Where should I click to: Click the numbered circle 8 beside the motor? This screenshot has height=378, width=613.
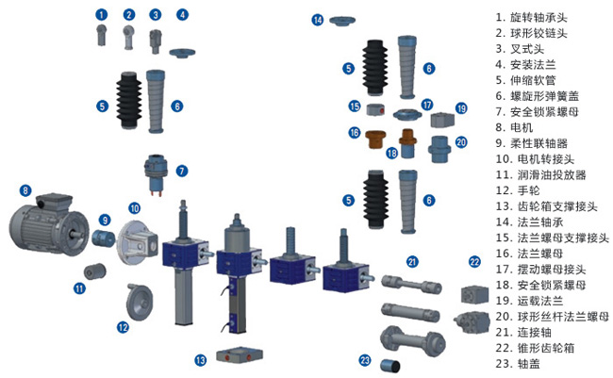25,190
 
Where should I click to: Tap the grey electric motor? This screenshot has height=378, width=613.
49,224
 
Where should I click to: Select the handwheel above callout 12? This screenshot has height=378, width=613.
140,303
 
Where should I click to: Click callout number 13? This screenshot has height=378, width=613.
201,360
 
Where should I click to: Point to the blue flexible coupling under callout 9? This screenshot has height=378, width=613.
103,238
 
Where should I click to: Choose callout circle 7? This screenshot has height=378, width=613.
181,171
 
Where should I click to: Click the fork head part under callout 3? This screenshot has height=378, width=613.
156,41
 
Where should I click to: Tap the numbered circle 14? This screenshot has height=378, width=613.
318,20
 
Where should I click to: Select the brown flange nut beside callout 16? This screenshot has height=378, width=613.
375,140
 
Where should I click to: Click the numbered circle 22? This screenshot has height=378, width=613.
474,261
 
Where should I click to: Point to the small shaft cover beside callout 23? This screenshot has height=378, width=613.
390,366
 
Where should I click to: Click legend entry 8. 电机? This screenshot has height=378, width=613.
514,128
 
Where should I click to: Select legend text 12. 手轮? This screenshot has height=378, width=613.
518,190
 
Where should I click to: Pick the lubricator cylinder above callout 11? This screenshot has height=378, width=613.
95,271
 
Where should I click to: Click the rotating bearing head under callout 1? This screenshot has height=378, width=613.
101,35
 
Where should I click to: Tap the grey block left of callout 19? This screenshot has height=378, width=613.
442,120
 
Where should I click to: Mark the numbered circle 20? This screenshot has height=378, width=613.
461,142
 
